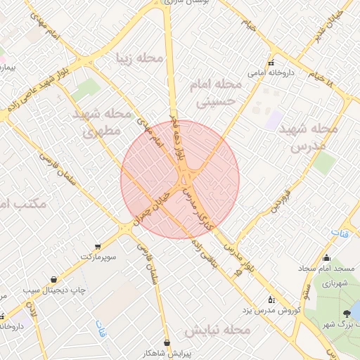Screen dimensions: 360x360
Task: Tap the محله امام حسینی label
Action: coord(215,93)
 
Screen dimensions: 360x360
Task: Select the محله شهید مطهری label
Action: coord(102,122)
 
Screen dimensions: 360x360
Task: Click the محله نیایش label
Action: coord(218,330)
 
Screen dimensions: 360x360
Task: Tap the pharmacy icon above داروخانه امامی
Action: coord(271,62)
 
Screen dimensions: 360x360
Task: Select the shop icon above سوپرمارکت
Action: coord(97,246)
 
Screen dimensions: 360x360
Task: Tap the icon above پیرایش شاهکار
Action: coord(167,342)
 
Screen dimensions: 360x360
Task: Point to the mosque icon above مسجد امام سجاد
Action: coord(326,258)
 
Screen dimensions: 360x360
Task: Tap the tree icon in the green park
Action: coord(346,314)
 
